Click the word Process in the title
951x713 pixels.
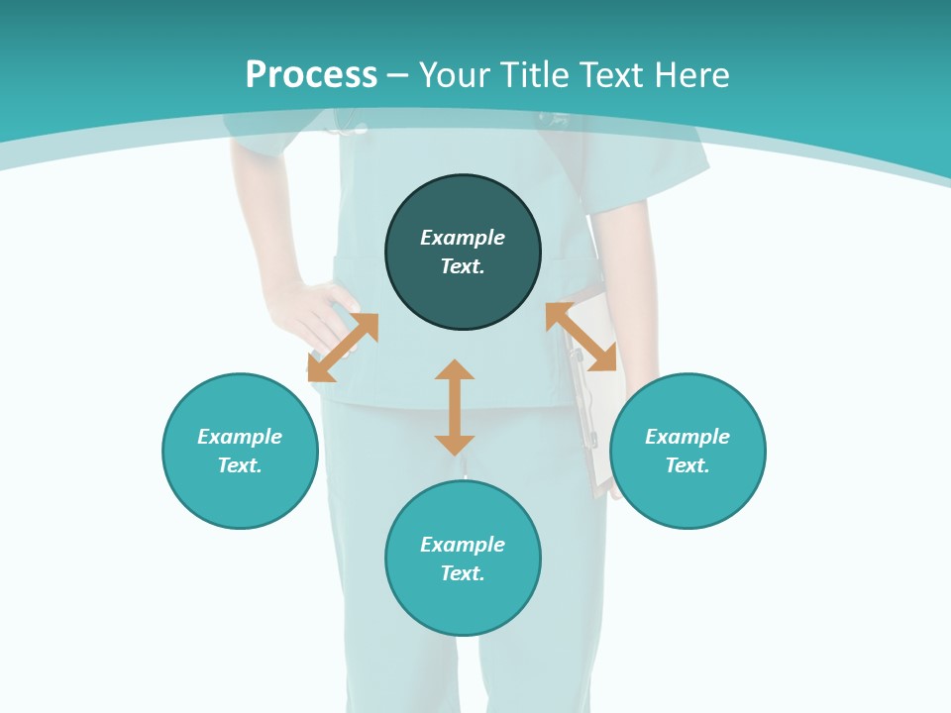311,75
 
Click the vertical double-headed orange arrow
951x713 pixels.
455,407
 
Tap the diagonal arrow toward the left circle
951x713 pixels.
343,348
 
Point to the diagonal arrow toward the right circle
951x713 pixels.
581,337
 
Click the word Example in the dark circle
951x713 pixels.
463,238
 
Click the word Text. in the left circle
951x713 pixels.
240,465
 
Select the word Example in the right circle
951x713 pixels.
687,437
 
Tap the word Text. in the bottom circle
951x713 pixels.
463,573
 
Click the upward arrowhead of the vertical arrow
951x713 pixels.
455,370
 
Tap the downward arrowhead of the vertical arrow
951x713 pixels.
455,445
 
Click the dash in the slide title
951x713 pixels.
398,75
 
